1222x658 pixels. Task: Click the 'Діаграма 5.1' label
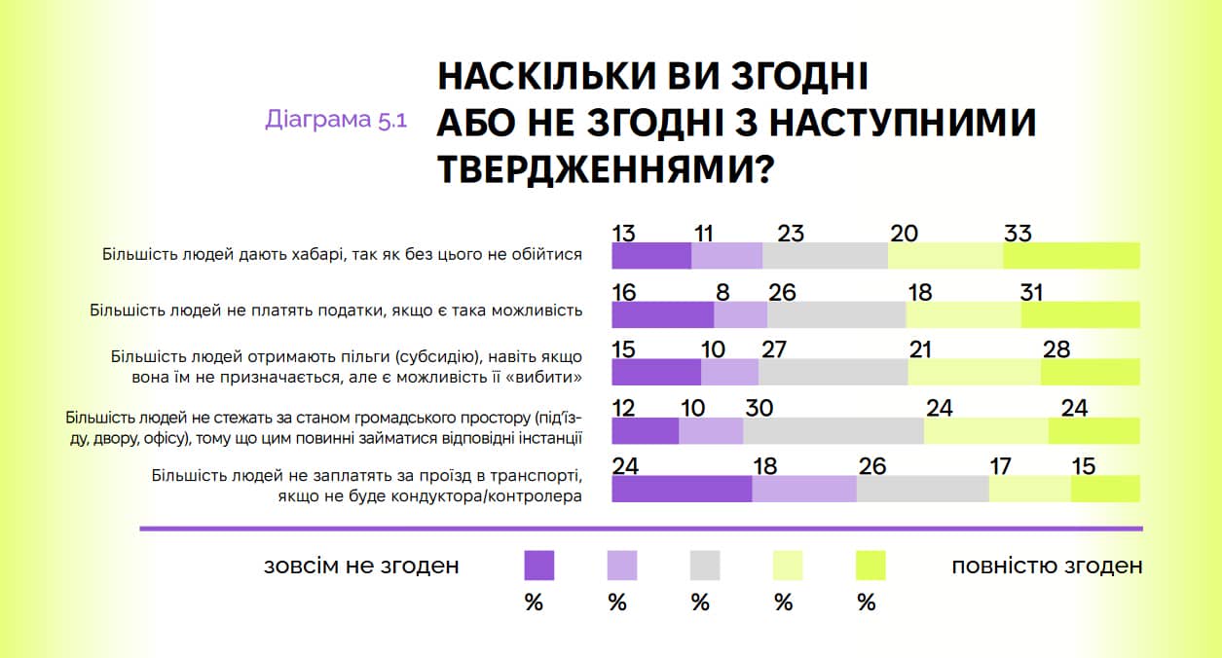click(x=336, y=121)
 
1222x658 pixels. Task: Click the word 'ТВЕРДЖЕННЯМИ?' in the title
click(x=606, y=170)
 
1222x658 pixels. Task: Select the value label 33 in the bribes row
click(x=1018, y=234)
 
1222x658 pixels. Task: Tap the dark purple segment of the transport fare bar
click(x=682, y=489)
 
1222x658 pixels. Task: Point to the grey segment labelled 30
click(x=833, y=430)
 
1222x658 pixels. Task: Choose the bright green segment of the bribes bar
click(x=1071, y=256)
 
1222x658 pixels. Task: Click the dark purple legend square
click(x=539, y=566)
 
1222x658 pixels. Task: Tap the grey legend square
click(x=705, y=566)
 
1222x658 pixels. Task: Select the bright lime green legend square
click(x=870, y=566)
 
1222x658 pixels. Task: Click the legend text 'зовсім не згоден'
click(x=361, y=567)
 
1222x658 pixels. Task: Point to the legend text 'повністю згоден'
click(x=1047, y=567)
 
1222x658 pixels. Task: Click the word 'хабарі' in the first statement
click(x=311, y=255)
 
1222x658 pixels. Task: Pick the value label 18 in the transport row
click(x=765, y=466)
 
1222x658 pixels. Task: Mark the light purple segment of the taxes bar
click(x=741, y=314)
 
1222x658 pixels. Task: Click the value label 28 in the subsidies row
click(x=1056, y=349)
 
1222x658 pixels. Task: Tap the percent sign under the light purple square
click(x=617, y=603)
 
